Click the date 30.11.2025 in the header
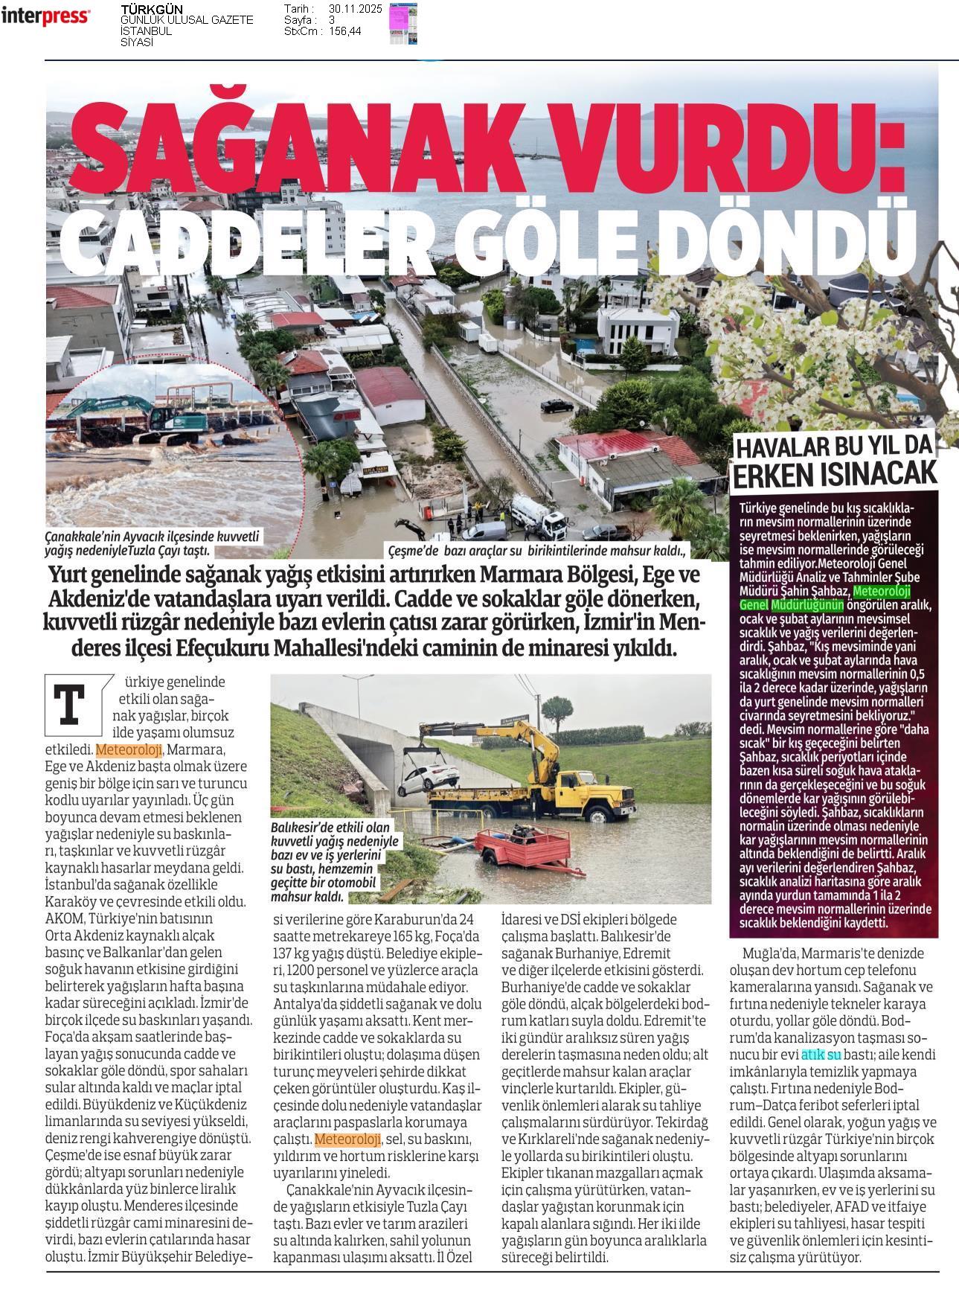[355, 9]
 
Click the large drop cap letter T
[71, 703]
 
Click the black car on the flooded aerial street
[556, 405]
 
